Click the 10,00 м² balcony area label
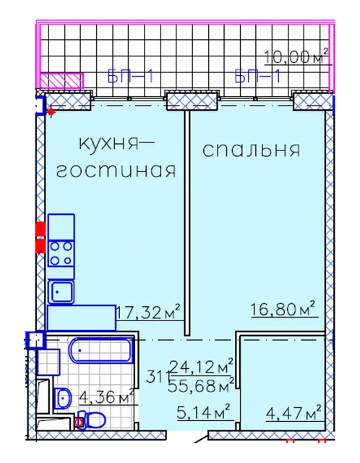coord(296,56)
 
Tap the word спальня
coord(252,150)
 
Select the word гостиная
coord(116,171)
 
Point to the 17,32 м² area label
coord(149,312)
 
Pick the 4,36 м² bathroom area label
coord(106,396)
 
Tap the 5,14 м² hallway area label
coord(204,412)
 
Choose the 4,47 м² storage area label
coord(293,412)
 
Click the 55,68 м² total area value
coord(201,384)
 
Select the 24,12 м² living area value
coord(202,367)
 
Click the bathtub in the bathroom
coord(101,350)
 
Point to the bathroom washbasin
coord(63,398)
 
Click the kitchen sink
coord(61,292)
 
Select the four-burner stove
coord(61,253)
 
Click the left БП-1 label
coord(131,76)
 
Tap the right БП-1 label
coord(258,76)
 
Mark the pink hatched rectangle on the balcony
coord(61,80)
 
